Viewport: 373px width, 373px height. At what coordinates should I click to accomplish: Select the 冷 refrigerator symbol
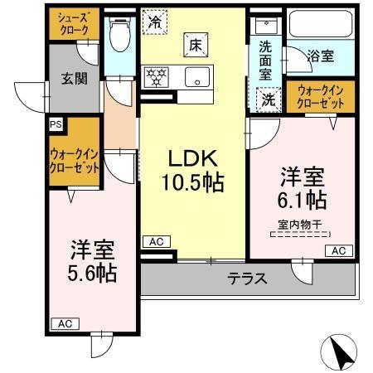click(154, 22)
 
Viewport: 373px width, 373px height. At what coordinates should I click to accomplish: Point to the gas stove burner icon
click(157, 77)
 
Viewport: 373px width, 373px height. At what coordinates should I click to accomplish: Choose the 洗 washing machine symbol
click(269, 97)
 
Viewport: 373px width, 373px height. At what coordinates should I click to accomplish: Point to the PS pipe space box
click(56, 124)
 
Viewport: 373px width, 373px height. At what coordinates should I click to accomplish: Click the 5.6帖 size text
click(90, 272)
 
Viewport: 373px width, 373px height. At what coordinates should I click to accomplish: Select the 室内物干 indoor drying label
click(299, 223)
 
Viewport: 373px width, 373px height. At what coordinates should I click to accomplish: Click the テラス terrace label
click(249, 279)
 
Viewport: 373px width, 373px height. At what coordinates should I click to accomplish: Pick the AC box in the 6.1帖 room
click(339, 250)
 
